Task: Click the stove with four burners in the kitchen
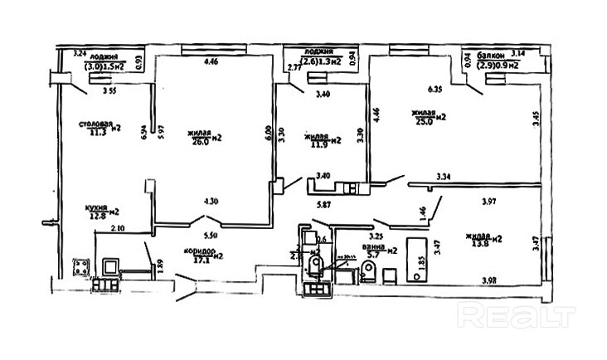coord(80,267)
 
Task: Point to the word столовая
coord(95,124)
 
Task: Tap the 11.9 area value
coord(318,142)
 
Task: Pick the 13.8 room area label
coord(488,241)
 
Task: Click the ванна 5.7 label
coord(381,250)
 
